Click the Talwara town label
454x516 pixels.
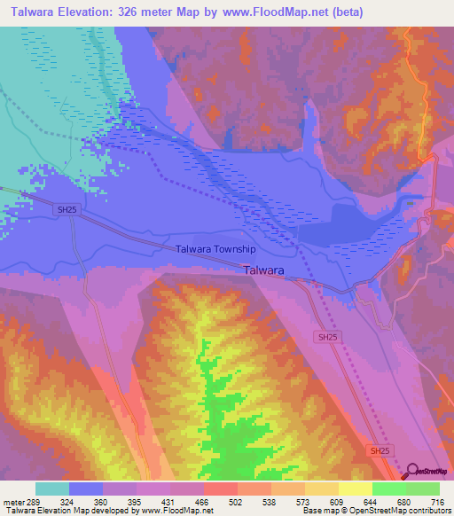point(264,272)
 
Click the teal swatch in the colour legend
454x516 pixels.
point(52,488)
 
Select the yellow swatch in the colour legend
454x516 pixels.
point(355,488)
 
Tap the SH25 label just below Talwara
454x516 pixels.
point(328,338)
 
